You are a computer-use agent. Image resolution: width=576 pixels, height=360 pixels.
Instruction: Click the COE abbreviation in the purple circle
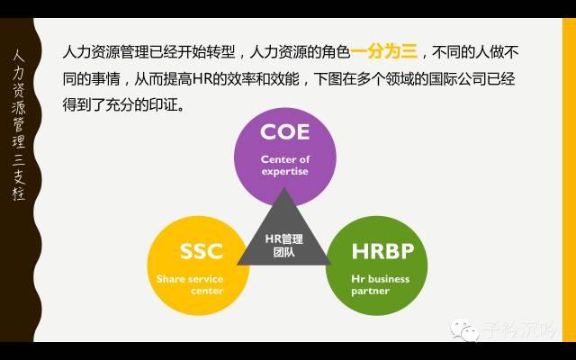point(284,132)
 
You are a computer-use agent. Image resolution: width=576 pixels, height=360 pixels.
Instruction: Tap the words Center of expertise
point(284,165)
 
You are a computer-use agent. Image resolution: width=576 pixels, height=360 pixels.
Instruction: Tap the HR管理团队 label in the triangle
point(284,246)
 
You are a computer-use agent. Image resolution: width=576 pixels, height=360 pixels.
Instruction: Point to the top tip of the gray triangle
point(284,188)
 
